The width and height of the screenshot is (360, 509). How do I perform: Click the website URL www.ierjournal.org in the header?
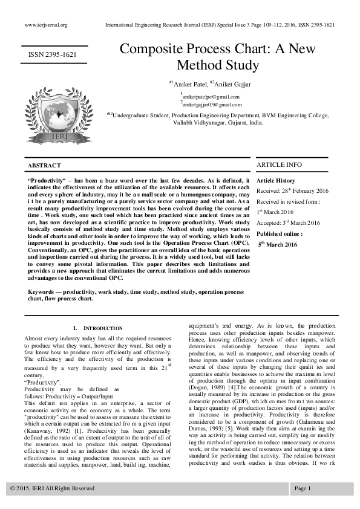pyautogui.click(x=46, y=25)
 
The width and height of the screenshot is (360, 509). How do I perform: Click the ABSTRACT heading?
pyautogui.click(x=44, y=166)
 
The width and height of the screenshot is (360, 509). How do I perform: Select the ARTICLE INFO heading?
pyautogui.click(x=280, y=164)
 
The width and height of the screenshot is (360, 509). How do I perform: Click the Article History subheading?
pyautogui.click(x=277, y=181)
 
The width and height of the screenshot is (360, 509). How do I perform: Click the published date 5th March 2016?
pyautogui.click(x=278, y=244)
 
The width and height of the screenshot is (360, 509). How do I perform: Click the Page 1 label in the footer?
pyautogui.click(x=303, y=488)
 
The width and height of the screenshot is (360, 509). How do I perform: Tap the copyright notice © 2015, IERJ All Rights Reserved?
pyautogui.click(x=52, y=488)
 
